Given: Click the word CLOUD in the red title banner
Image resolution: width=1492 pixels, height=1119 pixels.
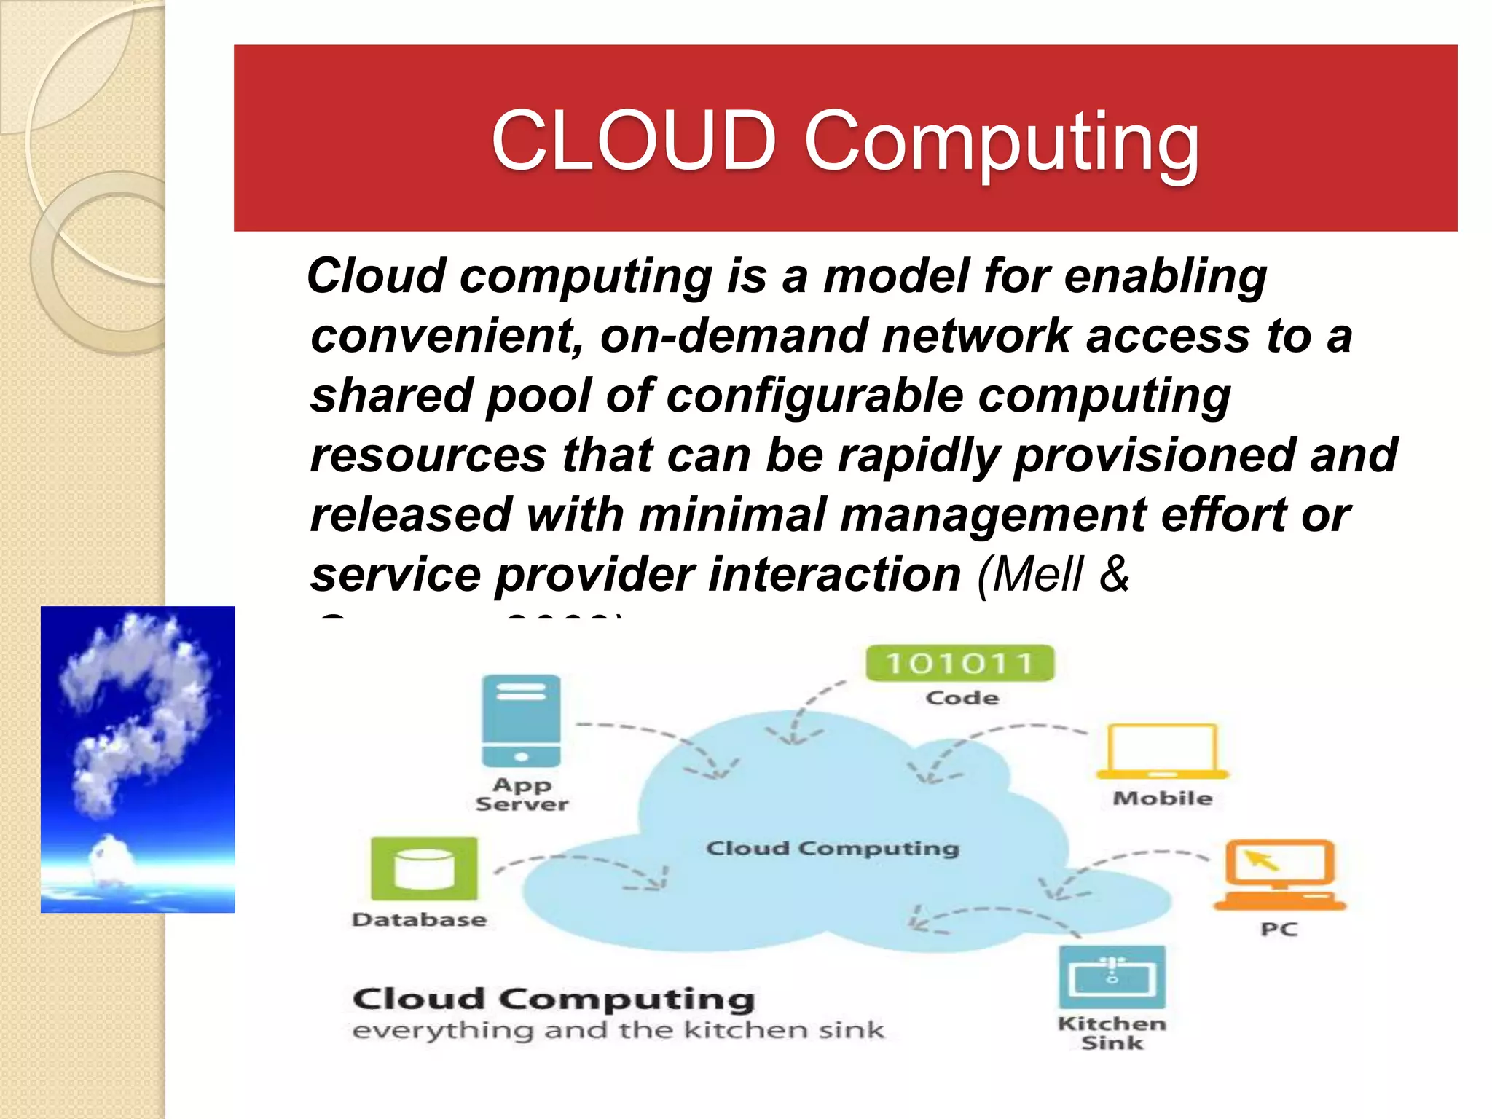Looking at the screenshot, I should [633, 140].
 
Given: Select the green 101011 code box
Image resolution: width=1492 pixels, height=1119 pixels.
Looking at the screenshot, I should [959, 663].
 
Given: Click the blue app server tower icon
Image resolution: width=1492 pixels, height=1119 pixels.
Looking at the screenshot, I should [521, 721].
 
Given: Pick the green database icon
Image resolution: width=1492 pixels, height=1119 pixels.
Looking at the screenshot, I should [424, 868].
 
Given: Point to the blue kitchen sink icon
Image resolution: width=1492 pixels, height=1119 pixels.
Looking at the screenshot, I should [1112, 977].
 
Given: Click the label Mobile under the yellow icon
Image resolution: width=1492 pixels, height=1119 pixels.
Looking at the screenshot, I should [1162, 798].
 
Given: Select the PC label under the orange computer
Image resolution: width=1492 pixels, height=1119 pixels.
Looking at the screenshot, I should [1279, 930].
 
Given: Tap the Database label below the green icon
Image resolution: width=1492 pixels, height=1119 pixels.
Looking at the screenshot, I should [419, 920].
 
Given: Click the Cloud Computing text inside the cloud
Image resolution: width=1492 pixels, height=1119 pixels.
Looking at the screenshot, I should [833, 849].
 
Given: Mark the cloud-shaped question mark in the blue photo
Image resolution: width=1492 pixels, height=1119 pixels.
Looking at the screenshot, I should [138, 714].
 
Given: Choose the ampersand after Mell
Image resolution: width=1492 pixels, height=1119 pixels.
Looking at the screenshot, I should [1115, 574].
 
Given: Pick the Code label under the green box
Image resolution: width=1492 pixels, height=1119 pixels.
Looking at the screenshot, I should [962, 698].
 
